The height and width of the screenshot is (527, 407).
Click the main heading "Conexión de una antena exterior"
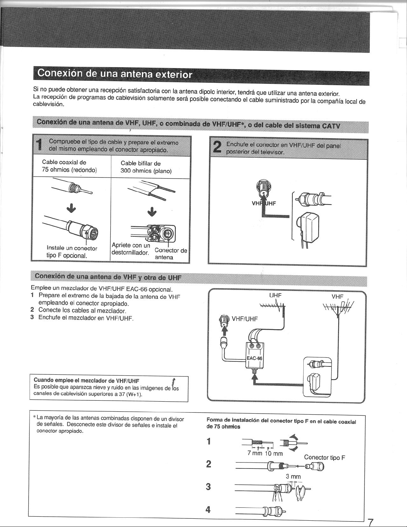pyautogui.click(x=115, y=74)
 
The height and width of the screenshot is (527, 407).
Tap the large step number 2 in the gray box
pyautogui.click(x=217, y=148)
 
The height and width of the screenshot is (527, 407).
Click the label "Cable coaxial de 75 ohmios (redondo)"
pyautogui.click(x=69, y=166)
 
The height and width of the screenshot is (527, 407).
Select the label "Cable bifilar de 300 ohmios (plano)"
pyautogui.click(x=146, y=167)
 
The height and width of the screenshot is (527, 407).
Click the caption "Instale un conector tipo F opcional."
pyautogui.click(x=72, y=252)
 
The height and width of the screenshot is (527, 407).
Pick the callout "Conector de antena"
pyautogui.click(x=171, y=254)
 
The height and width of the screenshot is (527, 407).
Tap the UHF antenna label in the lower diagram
pyautogui.click(x=275, y=295)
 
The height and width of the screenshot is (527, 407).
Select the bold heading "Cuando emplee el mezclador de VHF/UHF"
pyautogui.click(x=86, y=380)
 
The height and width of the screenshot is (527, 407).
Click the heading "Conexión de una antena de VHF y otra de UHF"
pyautogui.click(x=108, y=277)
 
